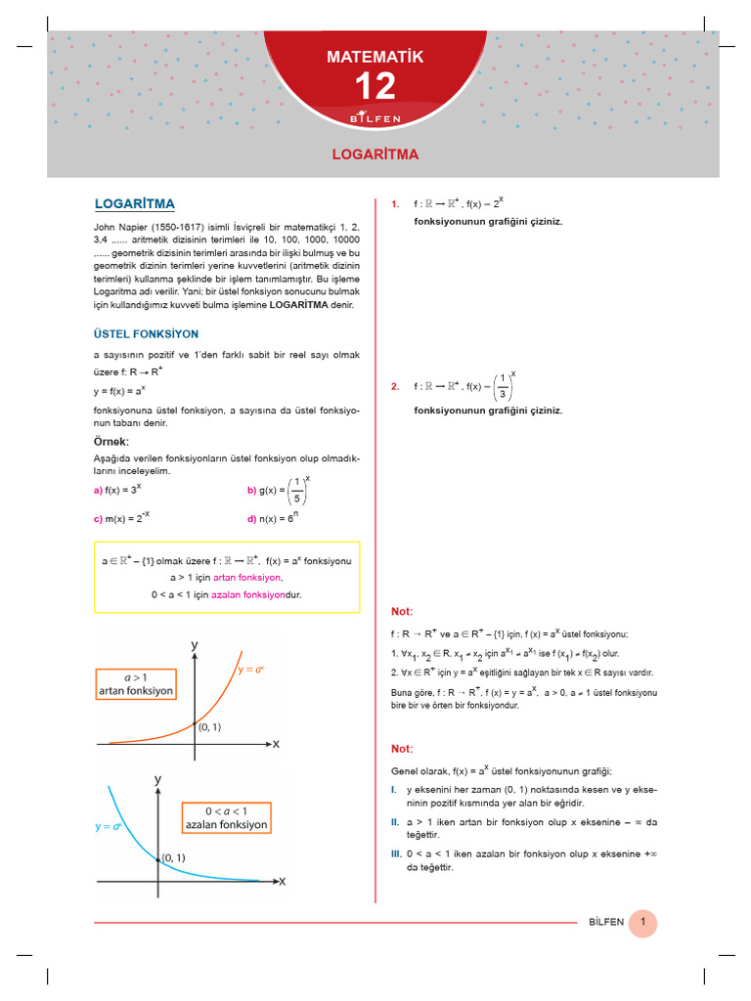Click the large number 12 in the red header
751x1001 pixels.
point(375,87)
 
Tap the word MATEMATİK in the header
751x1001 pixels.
point(375,58)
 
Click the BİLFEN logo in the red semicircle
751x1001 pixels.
point(375,118)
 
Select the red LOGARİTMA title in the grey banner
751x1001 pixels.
point(375,154)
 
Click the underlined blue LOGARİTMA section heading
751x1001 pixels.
point(134,204)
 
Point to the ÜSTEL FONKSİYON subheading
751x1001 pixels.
point(146,333)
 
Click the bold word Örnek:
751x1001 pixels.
point(111,442)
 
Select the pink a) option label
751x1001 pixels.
point(98,491)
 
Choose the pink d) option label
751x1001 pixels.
point(251,519)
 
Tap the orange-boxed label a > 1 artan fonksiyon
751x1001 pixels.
point(136,683)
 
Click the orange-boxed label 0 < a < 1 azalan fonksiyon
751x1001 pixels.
point(226,818)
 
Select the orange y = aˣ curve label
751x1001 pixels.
point(252,670)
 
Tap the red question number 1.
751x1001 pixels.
point(394,204)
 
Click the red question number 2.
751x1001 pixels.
point(394,386)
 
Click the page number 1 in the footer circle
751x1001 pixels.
point(642,922)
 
